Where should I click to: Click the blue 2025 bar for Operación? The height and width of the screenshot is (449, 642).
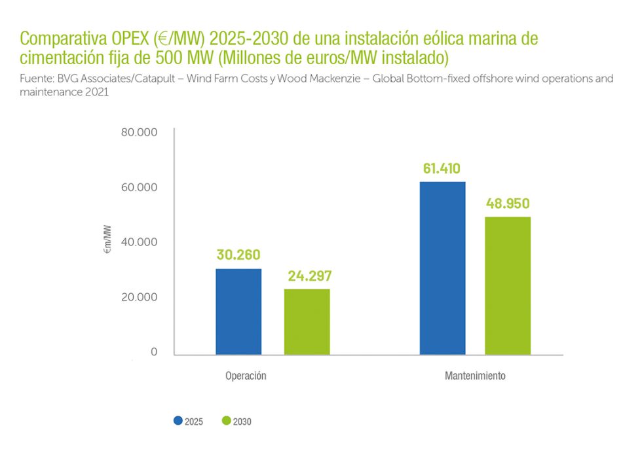(238, 312)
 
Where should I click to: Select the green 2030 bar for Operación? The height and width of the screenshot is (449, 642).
(307, 321)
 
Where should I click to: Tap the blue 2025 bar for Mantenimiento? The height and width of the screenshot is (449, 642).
(443, 268)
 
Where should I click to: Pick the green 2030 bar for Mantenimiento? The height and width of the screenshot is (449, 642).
(508, 285)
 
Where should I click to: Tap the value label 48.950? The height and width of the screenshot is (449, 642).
(508, 203)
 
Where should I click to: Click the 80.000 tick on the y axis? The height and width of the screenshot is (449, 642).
(140, 132)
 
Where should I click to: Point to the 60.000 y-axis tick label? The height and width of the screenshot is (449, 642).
(140, 187)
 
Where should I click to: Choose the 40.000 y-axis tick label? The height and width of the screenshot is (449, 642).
(140, 242)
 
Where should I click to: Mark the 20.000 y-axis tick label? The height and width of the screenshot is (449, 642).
(140, 297)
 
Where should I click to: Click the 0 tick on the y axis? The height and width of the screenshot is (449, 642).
(154, 352)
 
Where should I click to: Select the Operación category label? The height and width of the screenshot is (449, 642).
(246, 376)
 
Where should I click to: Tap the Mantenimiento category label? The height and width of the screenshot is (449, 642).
(475, 376)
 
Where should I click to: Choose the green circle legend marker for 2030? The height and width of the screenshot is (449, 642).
(227, 421)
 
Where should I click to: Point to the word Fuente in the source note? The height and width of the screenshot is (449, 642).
(35, 79)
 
